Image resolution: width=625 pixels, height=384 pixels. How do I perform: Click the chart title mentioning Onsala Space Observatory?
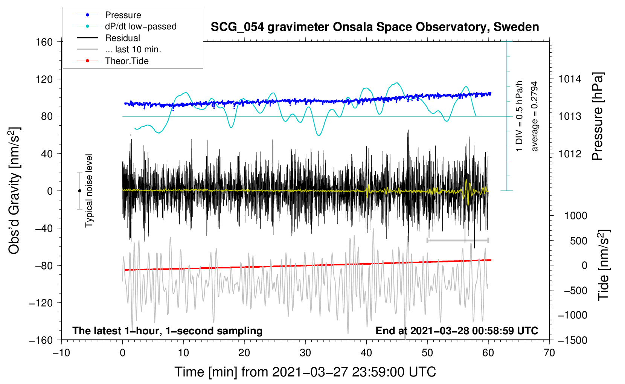[x=375, y=27]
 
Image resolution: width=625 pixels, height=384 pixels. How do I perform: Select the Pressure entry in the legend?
[x=123, y=15]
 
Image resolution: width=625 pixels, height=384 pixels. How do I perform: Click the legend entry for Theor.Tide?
[x=127, y=61]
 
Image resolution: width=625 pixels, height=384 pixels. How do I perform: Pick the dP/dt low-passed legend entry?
[x=140, y=26]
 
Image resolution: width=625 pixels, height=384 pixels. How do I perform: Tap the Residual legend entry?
[x=122, y=38]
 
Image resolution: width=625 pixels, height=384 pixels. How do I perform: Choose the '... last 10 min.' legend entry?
[x=133, y=49]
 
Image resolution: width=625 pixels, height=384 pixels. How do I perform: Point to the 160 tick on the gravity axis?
[x=44, y=42]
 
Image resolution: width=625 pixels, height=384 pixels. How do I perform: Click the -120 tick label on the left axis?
[x=41, y=303]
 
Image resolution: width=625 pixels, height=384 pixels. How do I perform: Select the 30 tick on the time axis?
[x=305, y=353]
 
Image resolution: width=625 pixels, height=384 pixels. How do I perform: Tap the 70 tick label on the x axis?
[x=549, y=353]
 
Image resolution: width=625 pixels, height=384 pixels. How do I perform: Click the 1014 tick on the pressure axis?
[x=570, y=79]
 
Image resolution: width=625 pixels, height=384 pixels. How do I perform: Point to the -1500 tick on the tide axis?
[x=572, y=340]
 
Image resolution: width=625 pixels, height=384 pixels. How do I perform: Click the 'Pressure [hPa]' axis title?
[x=598, y=116]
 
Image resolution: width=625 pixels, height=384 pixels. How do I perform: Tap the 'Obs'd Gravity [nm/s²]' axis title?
[x=14, y=190]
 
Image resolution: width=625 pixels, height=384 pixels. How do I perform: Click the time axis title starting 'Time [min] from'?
[x=305, y=372]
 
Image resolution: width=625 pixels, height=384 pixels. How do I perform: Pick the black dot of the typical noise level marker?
[x=79, y=191]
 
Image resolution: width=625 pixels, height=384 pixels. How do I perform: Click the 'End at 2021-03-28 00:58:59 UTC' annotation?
[x=457, y=331]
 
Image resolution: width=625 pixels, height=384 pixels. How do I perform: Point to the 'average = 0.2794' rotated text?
[x=535, y=116]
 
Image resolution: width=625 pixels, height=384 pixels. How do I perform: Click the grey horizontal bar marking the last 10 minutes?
[x=457, y=240]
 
